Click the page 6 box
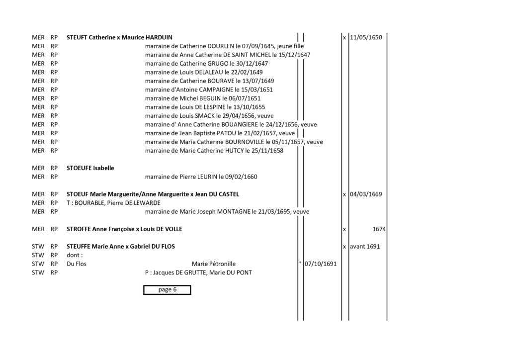coord(167,290)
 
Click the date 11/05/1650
coord(366,37)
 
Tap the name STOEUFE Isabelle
coord(90,168)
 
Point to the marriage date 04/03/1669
coord(366,194)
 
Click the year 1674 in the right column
coord(379,229)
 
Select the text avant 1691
coord(365,247)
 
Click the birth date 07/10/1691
coord(321,264)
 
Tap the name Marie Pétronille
coord(214,264)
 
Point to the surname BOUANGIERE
coord(240,125)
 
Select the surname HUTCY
coord(234,151)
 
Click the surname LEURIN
coord(207,177)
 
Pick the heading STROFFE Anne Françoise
coord(100,229)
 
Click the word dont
coord(73,255)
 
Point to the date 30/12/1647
coord(252,64)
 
